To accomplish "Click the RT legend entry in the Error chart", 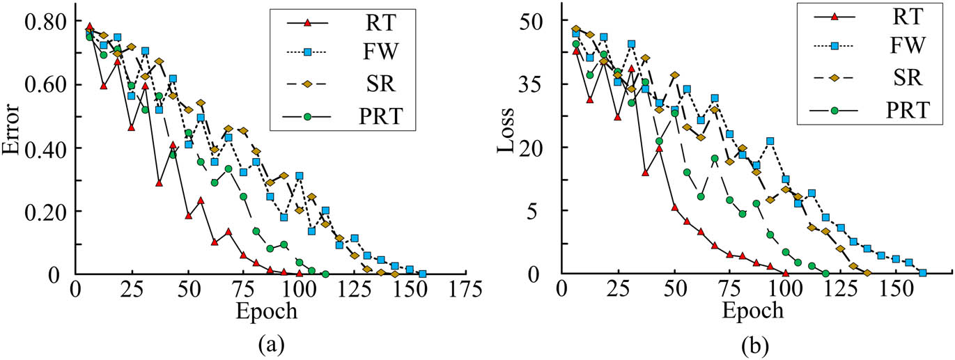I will pyautogui.click(x=378, y=23).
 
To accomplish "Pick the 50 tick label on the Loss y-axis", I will pyautogui.click(x=537, y=22).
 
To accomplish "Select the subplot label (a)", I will pyautogui.click(x=267, y=344).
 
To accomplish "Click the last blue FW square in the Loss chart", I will pyautogui.click(x=922, y=273).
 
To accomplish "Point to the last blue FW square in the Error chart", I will pyautogui.click(x=422, y=274).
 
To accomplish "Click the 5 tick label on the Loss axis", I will pyautogui.click(x=542, y=211).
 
